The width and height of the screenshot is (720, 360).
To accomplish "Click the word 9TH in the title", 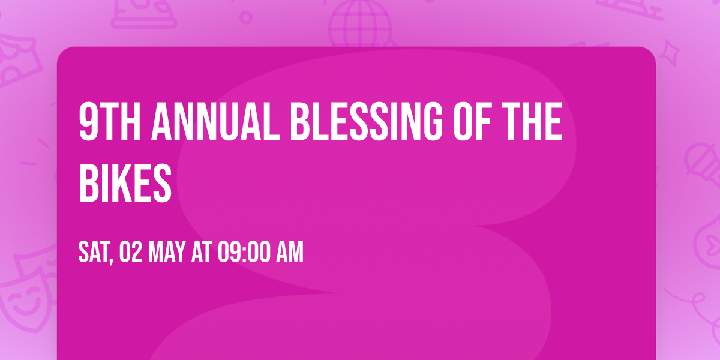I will pos(109,122).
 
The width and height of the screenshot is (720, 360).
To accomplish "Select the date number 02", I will pos(131,253).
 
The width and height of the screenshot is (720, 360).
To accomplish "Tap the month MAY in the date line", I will pos(168,253).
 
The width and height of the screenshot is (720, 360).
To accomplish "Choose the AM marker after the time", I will pos(290,253).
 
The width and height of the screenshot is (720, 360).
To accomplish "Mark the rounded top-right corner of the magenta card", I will pos(650,52).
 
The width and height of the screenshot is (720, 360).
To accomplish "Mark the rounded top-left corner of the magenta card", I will pos(62,52).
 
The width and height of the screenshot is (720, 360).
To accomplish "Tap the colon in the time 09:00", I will pos(244,253).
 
